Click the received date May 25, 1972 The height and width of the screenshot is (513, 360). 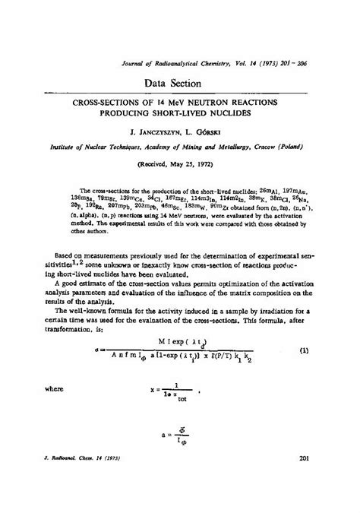tap(191, 163)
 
